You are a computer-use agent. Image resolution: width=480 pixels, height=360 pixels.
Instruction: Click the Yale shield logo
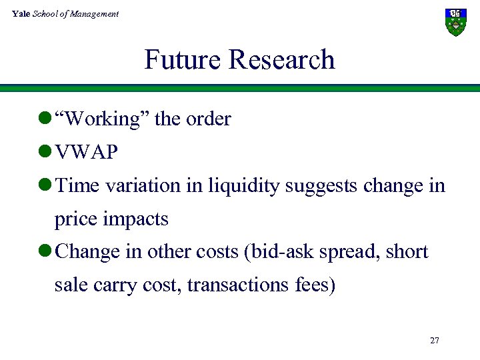455,22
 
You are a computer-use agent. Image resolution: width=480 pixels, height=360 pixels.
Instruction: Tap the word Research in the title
282,60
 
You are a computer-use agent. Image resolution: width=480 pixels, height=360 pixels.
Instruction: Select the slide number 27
435,341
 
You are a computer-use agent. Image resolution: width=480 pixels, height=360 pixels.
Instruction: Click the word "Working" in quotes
103,119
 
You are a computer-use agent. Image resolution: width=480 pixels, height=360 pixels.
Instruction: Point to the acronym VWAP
87,153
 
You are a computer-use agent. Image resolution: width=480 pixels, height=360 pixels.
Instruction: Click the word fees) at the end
314,285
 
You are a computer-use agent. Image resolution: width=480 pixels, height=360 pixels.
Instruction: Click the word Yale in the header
21,13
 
